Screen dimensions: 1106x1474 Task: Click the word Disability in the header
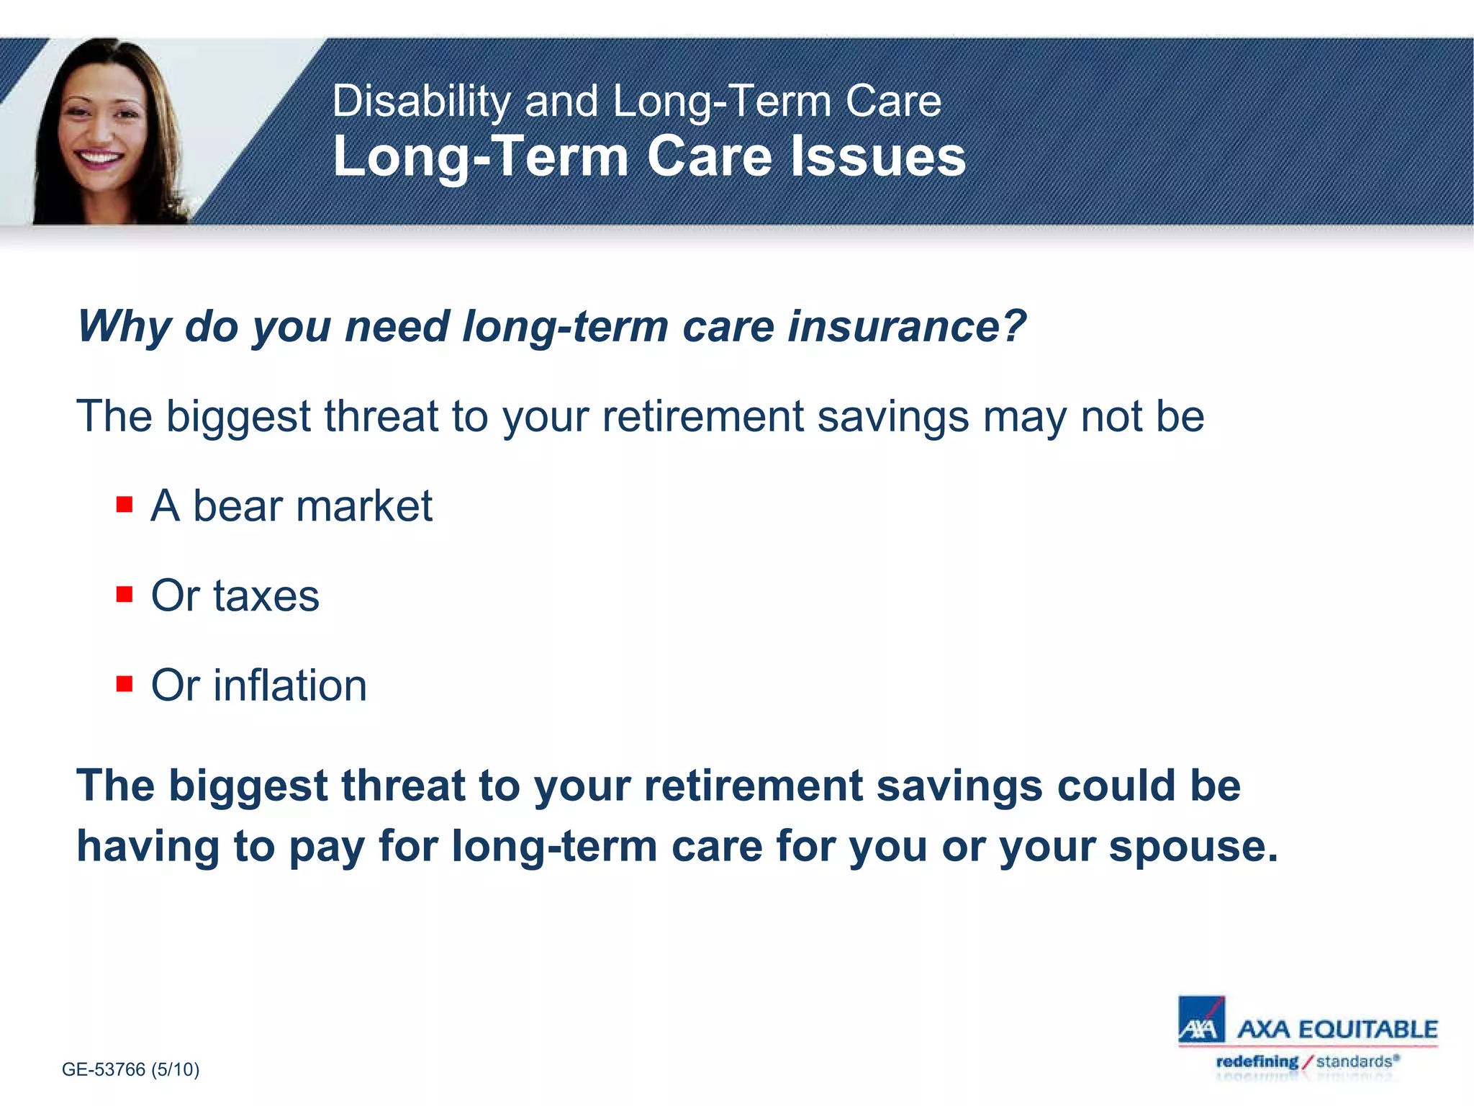(x=420, y=101)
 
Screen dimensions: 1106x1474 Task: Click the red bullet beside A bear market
(x=125, y=504)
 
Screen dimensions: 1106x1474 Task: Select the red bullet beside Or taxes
(x=125, y=594)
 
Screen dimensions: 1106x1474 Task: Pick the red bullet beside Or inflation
(x=125, y=683)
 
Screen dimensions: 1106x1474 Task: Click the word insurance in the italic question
(x=905, y=326)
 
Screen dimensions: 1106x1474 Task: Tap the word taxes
(x=266, y=596)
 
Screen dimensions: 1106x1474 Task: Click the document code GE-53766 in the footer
(x=104, y=1069)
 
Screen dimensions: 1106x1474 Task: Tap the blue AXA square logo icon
(x=1201, y=1020)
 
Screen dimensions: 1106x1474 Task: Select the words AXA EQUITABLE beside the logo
(x=1337, y=1029)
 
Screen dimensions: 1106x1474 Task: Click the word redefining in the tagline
(x=1257, y=1061)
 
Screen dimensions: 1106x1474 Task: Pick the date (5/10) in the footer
(x=175, y=1069)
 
